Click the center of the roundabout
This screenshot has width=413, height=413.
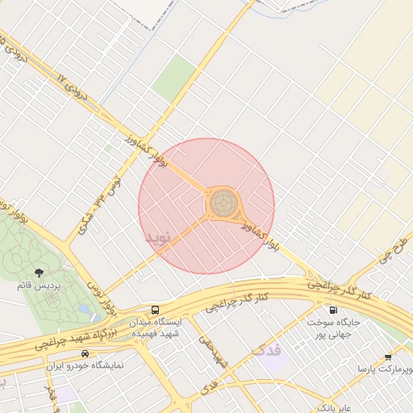tap(223, 203)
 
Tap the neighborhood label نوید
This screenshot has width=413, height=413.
tap(158, 238)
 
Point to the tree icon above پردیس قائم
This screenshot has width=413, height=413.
tap(39, 271)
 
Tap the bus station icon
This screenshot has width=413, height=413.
tap(154, 310)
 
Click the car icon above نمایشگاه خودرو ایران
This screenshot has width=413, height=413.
tap(85, 353)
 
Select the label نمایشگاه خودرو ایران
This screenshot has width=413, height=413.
tap(85, 365)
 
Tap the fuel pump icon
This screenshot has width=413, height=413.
tap(332, 310)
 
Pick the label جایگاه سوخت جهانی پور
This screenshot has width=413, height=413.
tap(332, 327)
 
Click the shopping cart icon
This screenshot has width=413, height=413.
tap(388, 357)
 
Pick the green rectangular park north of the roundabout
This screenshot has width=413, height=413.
tap(174, 78)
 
